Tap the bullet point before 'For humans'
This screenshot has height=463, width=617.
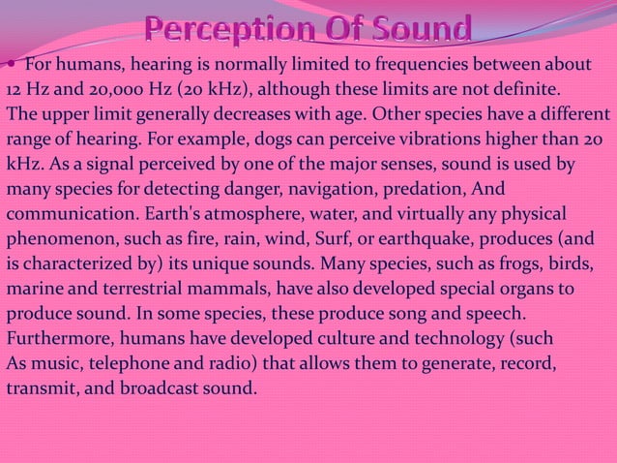point(10,65)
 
